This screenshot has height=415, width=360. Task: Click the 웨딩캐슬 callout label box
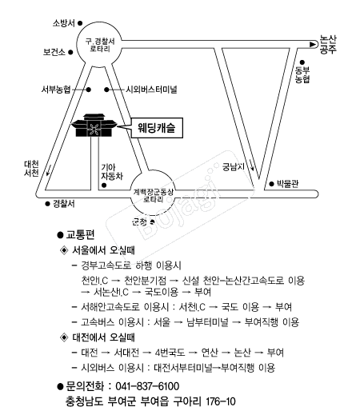tap(157, 128)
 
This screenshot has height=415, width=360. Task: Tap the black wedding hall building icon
tap(94, 126)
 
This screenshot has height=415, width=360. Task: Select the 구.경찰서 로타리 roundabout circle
tap(99, 44)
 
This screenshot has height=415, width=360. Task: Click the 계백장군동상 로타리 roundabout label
tap(153, 195)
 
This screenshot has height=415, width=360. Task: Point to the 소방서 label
tap(64, 23)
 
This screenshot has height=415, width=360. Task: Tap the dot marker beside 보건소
tap(70, 52)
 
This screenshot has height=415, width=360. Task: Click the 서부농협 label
tap(56, 90)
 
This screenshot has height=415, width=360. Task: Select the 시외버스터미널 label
tap(151, 90)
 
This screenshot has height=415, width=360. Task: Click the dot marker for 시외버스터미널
tap(106, 90)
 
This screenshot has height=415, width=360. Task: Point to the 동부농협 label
tap(302, 74)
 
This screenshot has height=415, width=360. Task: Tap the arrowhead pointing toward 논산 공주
tap(312, 45)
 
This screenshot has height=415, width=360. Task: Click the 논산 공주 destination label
tap(328, 45)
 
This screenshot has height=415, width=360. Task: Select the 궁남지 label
tap(234, 167)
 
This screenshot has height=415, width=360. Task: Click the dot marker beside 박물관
tap(271, 184)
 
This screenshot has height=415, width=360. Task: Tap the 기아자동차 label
tap(112, 172)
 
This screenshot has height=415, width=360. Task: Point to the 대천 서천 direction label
tap(31, 169)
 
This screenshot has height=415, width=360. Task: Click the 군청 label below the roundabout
tap(139, 221)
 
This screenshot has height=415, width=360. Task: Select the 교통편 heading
tap(80, 235)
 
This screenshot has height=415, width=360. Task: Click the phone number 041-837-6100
tap(147, 386)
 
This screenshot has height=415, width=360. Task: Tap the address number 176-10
tap(221, 401)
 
